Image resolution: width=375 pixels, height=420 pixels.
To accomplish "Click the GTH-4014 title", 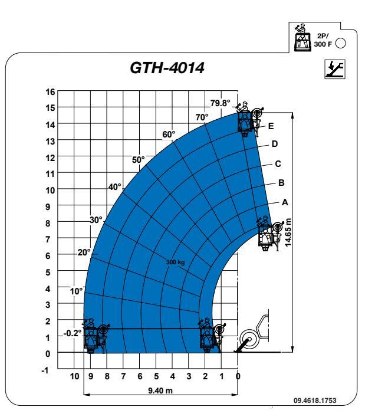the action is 167,68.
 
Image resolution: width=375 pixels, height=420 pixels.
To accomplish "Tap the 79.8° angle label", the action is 220,103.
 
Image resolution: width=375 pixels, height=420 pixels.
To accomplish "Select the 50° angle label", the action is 138,160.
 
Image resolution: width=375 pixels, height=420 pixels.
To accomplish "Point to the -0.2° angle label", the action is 73,333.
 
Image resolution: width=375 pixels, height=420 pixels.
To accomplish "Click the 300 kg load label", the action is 176,262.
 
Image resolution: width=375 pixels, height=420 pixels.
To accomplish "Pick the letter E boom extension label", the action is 271,126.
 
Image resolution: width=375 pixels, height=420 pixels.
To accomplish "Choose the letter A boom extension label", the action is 285,202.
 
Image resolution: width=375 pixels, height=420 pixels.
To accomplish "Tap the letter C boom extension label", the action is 278,163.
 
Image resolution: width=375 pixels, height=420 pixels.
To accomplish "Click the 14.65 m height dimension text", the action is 288,232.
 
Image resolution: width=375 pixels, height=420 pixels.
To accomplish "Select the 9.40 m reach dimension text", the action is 160,391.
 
